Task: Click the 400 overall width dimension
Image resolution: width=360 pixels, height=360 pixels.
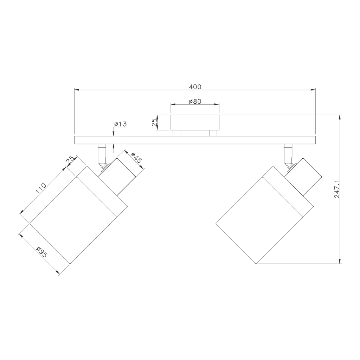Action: (195, 87)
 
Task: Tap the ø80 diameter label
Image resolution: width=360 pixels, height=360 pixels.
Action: (195, 101)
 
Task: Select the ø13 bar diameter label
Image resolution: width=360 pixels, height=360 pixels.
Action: (120, 124)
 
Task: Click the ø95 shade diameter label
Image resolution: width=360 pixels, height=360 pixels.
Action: (42, 252)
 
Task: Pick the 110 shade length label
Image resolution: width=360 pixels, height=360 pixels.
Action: (41, 188)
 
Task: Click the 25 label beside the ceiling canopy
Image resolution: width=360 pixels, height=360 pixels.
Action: (155, 122)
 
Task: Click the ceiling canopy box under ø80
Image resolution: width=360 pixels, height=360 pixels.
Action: (195, 123)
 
